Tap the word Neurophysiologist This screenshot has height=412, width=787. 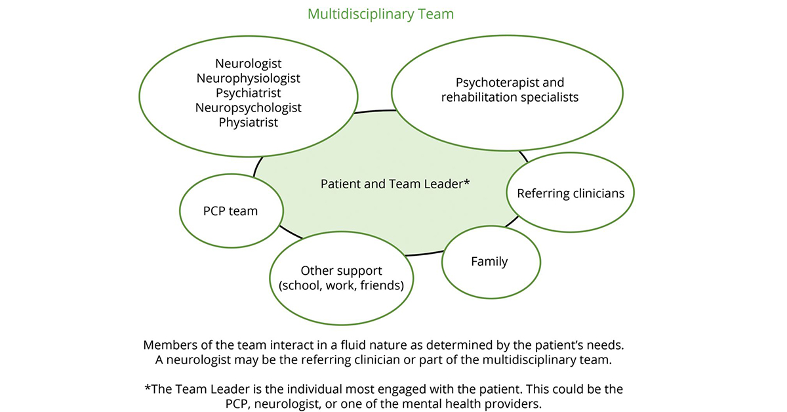pyautogui.click(x=248, y=78)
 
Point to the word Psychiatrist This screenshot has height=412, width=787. pyautogui.click(x=248, y=93)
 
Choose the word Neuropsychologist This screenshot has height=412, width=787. pyautogui.click(x=248, y=107)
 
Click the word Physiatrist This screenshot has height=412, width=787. pyautogui.click(x=248, y=122)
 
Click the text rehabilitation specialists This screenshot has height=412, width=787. pyautogui.click(x=510, y=98)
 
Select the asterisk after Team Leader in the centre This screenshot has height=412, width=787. pyautogui.click(x=466, y=182)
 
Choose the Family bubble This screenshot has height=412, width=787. pyautogui.click(x=489, y=261)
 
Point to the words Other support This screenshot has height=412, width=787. pyautogui.click(x=341, y=270)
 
